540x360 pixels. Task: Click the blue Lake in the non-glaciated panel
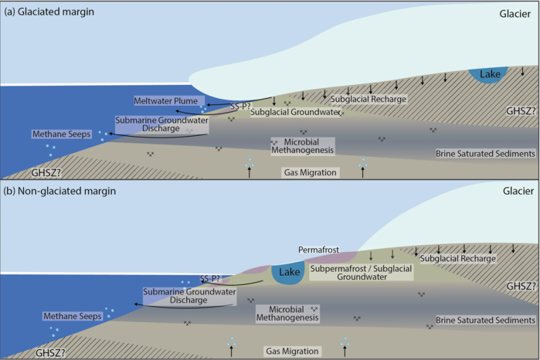coord(289,273)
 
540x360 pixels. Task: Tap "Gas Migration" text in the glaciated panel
coord(307,172)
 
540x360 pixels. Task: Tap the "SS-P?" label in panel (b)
coord(211,277)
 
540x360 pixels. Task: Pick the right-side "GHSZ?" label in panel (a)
coord(515,110)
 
